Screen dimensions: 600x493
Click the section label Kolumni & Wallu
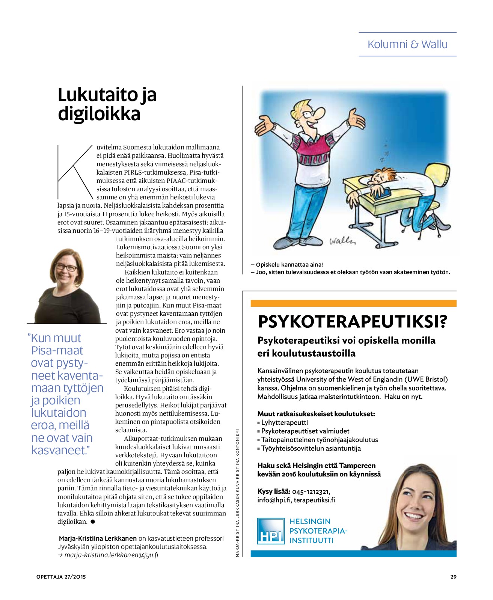tap(407, 44)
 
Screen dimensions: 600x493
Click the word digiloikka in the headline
tap(99, 114)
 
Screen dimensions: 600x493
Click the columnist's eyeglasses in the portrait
tap(66, 268)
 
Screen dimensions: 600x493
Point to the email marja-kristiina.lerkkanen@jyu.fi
tap(111, 555)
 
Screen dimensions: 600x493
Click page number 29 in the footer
tap(453, 577)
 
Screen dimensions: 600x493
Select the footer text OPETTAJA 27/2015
tap(61, 577)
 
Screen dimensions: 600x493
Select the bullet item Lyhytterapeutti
tap(284, 422)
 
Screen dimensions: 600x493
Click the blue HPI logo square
tap(271, 531)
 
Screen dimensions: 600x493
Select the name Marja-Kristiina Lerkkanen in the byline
tap(98, 538)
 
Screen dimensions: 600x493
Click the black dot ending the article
tap(93, 522)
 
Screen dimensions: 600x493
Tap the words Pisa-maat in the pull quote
tap(57, 350)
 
